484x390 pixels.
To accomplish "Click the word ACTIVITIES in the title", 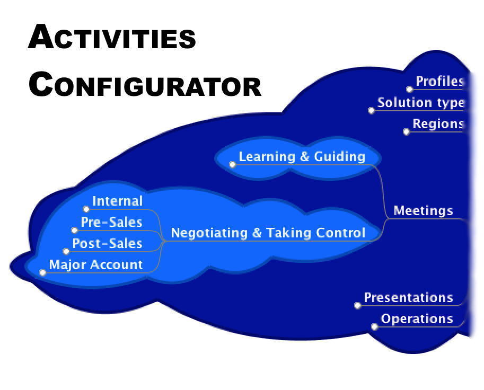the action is pyautogui.click(x=112, y=37).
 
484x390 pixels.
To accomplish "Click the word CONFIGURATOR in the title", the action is pyautogui.click(x=145, y=84).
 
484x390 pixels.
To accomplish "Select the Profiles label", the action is pyautogui.click(x=439, y=81).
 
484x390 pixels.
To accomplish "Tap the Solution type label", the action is pyautogui.click(x=420, y=103).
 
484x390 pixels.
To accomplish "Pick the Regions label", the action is pyautogui.click(x=438, y=123).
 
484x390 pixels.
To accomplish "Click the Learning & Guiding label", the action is pyautogui.click(x=302, y=156).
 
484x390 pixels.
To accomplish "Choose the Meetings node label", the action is pyautogui.click(x=423, y=210).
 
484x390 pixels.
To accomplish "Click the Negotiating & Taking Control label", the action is pyautogui.click(x=268, y=233).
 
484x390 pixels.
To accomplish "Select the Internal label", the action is pyautogui.click(x=117, y=201).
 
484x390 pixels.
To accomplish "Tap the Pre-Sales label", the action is pyautogui.click(x=111, y=222).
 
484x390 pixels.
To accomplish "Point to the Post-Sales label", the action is pyautogui.click(x=107, y=243).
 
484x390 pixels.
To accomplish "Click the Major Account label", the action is pyautogui.click(x=96, y=265).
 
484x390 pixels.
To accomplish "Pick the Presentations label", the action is pyautogui.click(x=408, y=297).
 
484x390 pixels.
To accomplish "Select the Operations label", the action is pyautogui.click(x=417, y=318).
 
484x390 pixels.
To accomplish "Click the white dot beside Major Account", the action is pyautogui.click(x=42, y=272).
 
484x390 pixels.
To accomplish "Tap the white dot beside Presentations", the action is pyautogui.click(x=357, y=305).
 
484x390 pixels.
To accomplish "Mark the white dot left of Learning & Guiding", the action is pyautogui.click(x=232, y=164).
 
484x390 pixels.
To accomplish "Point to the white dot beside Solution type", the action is pyautogui.click(x=371, y=110).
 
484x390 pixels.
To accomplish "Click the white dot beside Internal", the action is pyautogui.click(x=86, y=209).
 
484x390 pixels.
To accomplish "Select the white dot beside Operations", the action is pyautogui.click(x=374, y=327).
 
